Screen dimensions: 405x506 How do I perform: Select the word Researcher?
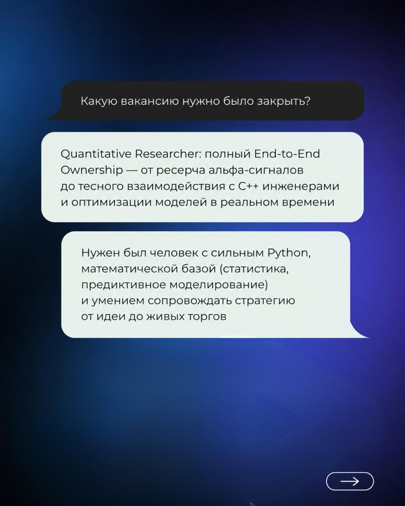coord(168,154)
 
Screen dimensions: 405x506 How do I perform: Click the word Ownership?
coord(92,170)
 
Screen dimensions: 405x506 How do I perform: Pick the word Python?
coord(289,254)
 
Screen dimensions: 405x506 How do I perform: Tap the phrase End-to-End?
coord(287,154)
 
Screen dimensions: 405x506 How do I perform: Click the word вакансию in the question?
coord(150,101)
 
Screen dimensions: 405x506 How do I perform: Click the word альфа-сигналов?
coord(256,170)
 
